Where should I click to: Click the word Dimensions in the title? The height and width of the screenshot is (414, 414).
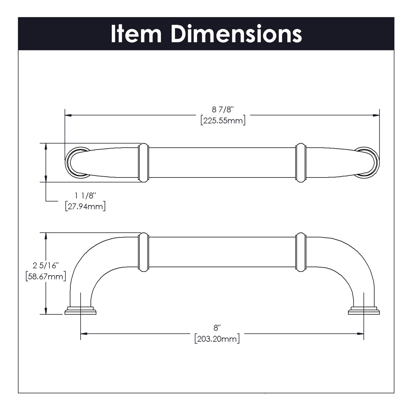point(237,34)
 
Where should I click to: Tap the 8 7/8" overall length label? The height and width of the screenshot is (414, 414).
point(223,110)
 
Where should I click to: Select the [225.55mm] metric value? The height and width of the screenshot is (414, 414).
point(223,121)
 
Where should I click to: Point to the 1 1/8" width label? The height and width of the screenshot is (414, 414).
point(85,195)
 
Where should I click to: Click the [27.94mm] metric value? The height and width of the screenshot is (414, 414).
point(85,207)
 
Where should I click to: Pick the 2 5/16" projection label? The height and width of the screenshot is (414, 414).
point(46,265)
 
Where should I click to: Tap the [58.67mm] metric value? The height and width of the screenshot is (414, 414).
point(46,276)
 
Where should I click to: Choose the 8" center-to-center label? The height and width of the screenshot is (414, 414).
point(217,328)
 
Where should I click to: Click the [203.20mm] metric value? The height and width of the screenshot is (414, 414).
point(217,339)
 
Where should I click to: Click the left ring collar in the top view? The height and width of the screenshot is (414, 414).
point(144,163)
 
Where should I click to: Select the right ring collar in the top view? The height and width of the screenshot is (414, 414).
point(301,163)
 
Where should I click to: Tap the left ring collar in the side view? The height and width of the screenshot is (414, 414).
point(144,252)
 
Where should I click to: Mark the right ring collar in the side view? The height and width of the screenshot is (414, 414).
point(301,252)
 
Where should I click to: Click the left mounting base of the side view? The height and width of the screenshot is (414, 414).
point(80,311)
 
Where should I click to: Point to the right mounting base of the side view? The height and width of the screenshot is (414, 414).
point(364,311)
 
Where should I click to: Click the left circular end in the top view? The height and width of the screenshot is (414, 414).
point(75,163)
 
